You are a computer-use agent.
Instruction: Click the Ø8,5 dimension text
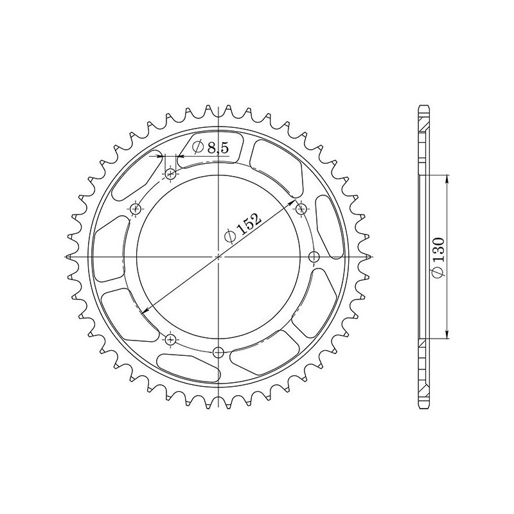pyautogui.click(x=209, y=148)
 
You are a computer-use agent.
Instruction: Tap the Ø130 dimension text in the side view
pyautogui.click(x=438, y=261)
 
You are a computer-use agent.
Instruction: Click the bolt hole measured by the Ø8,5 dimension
pyautogui.click(x=171, y=173)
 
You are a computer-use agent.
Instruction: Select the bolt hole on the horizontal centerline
pyautogui.click(x=314, y=257)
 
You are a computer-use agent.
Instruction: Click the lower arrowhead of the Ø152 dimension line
pyautogui.click(x=144, y=310)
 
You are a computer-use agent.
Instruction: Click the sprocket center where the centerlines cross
pyautogui.click(x=218, y=256)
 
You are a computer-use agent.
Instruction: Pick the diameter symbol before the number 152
pyautogui.click(x=229, y=237)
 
